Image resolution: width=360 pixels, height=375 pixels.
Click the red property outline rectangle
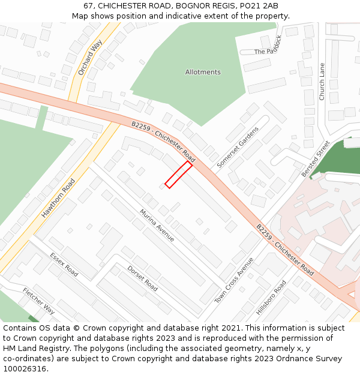(x=179, y=175)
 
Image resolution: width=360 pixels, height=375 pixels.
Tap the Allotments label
(x=203, y=72)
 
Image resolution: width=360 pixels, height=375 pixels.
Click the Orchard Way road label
(x=90, y=58)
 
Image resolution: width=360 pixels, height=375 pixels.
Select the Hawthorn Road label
(x=59, y=198)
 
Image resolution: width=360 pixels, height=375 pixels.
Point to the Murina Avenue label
(x=157, y=226)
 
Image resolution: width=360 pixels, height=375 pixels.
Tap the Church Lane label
(x=322, y=82)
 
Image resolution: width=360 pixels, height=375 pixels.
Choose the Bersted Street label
(x=316, y=158)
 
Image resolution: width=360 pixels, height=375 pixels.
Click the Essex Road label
(x=64, y=265)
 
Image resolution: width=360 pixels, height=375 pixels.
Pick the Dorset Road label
(x=143, y=279)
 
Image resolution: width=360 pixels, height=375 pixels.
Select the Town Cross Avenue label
(x=235, y=280)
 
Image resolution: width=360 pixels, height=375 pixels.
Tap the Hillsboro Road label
(x=271, y=298)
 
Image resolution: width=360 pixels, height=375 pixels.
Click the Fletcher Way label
(x=39, y=301)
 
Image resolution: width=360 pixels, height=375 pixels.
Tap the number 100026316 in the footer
(x=25, y=368)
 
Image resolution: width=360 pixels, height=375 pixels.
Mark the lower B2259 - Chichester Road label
(x=284, y=250)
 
